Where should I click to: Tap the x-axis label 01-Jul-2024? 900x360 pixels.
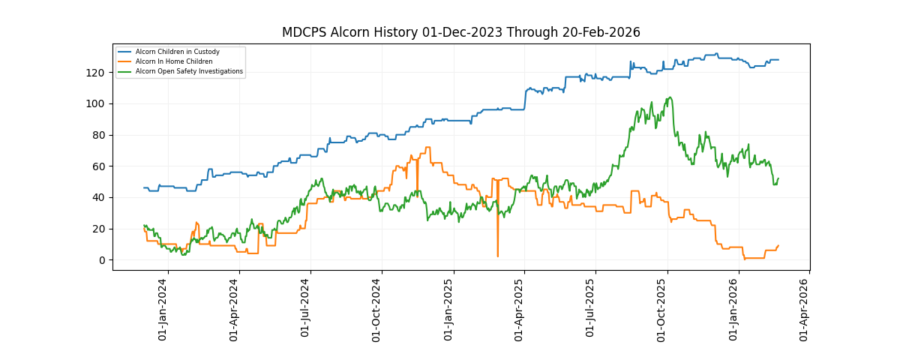click(x=306, y=309)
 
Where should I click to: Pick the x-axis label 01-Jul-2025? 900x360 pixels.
click(x=592, y=309)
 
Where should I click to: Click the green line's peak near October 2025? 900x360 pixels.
click(x=670, y=97)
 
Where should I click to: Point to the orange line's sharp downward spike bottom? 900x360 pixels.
click(x=497, y=256)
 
